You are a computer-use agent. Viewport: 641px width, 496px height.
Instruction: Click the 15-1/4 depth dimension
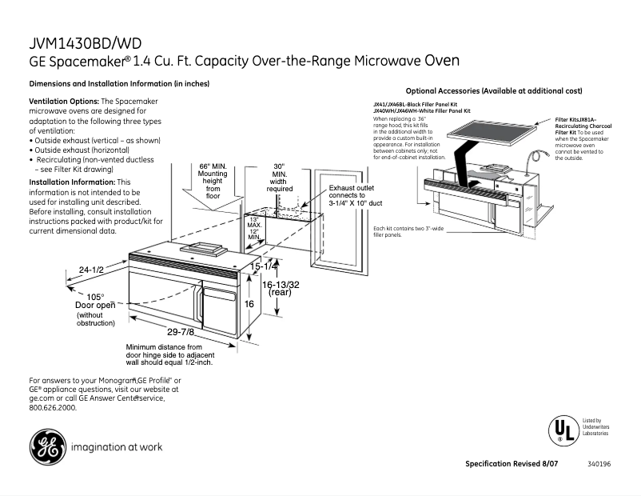click(x=265, y=266)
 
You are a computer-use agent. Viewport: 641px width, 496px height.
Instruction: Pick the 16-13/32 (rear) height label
click(x=282, y=288)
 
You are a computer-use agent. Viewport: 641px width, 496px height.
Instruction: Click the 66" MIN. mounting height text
click(x=213, y=181)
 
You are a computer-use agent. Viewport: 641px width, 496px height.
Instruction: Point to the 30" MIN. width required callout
click(x=279, y=178)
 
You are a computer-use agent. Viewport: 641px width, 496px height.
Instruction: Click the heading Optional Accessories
click(x=494, y=91)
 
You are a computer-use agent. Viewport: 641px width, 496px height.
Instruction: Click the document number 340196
click(x=599, y=465)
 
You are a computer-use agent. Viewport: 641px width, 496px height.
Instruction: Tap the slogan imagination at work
click(x=117, y=447)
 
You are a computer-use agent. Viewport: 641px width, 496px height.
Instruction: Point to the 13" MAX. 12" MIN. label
click(x=254, y=228)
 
